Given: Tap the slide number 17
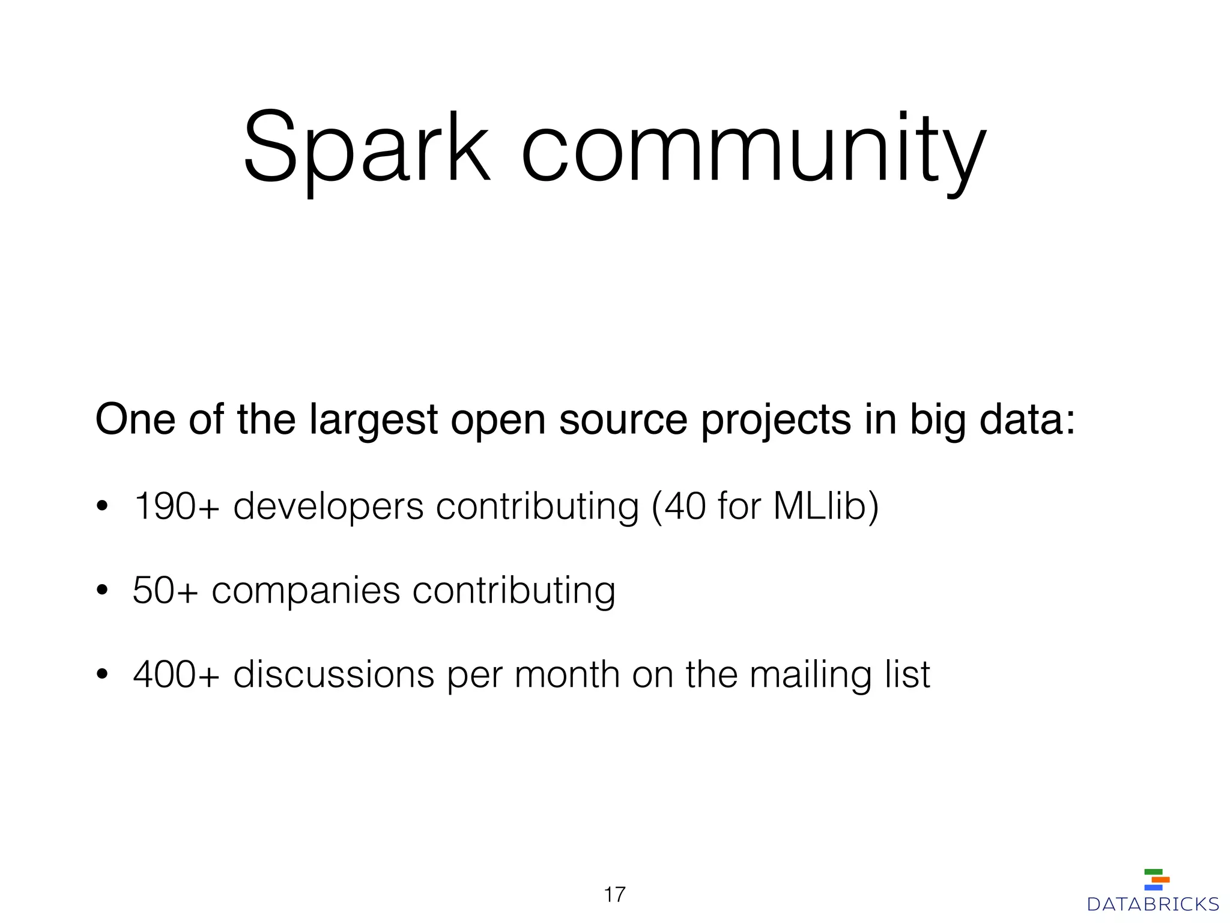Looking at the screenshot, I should coord(614,895).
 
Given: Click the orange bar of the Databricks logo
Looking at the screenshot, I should coord(1160,880).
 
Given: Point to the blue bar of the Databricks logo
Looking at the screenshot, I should coord(1153,888).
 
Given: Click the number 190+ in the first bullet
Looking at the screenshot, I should coord(176,506).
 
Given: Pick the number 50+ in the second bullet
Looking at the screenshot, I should coord(165,590).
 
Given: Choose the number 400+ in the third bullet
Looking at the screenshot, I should coord(176,674).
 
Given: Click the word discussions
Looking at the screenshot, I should coord(333,674).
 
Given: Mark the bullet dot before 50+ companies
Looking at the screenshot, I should coord(102,591).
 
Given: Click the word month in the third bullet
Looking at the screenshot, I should coord(567,674).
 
